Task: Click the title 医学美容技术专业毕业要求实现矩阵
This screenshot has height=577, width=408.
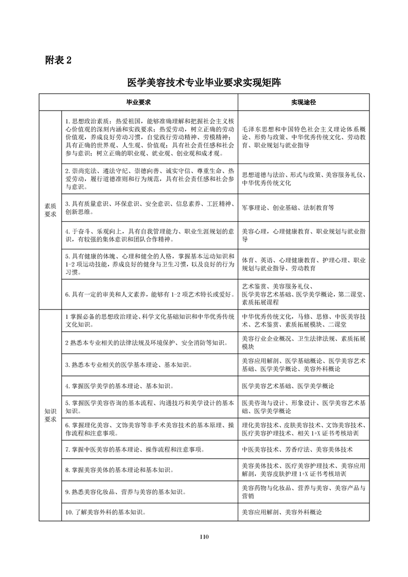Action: [204, 83]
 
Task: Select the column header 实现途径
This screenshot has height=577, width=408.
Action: [304, 102]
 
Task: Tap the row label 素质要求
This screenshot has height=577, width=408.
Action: [50, 210]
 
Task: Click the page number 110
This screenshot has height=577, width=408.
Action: [204, 537]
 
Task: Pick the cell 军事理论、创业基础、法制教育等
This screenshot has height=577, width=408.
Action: [288, 208]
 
